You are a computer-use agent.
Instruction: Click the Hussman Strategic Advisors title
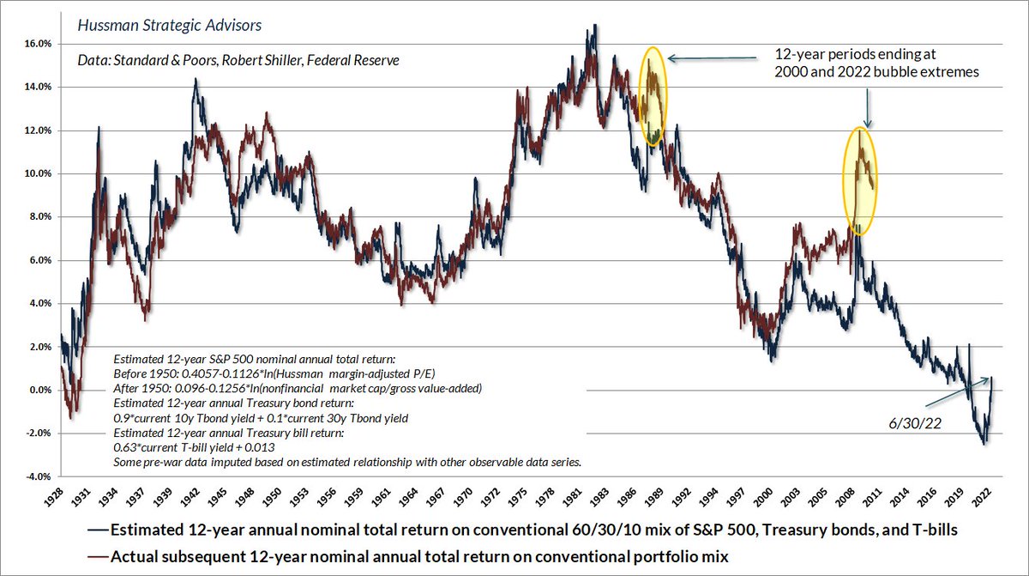tap(169, 25)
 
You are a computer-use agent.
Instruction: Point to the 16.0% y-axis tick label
tap(35, 44)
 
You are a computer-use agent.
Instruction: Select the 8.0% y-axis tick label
tap(35, 216)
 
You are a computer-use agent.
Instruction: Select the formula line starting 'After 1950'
tap(298, 388)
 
